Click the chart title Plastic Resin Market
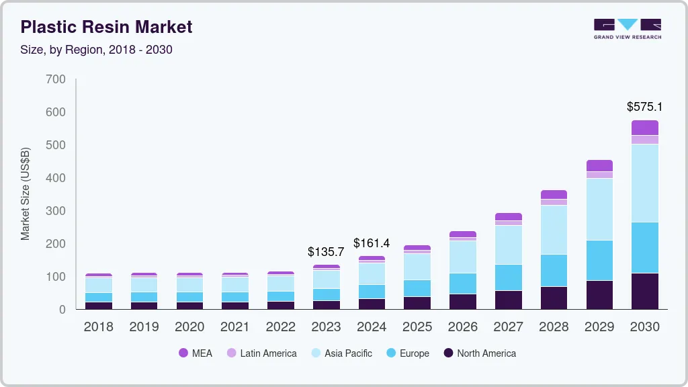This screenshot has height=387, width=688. click(x=106, y=27)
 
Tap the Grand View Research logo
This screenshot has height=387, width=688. click(x=627, y=29)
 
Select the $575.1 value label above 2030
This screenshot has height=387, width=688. click(x=644, y=107)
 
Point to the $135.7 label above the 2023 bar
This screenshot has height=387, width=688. click(x=326, y=252)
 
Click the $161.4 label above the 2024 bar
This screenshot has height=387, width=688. click(x=372, y=243)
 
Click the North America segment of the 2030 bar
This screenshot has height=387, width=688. click(x=644, y=291)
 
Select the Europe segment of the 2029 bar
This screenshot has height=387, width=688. click(x=599, y=260)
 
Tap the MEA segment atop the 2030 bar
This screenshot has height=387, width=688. click(x=644, y=128)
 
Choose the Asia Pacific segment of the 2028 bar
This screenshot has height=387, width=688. click(x=554, y=230)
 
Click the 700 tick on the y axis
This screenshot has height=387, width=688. click(x=57, y=79)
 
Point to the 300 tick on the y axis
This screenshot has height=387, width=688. click(x=57, y=211)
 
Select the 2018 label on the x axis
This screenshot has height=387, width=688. click(x=98, y=327)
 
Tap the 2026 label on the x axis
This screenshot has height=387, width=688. click(x=462, y=327)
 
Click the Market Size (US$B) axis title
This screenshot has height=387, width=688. click(x=26, y=193)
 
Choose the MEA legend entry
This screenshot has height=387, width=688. click(x=196, y=353)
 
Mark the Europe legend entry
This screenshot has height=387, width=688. click(x=407, y=353)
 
